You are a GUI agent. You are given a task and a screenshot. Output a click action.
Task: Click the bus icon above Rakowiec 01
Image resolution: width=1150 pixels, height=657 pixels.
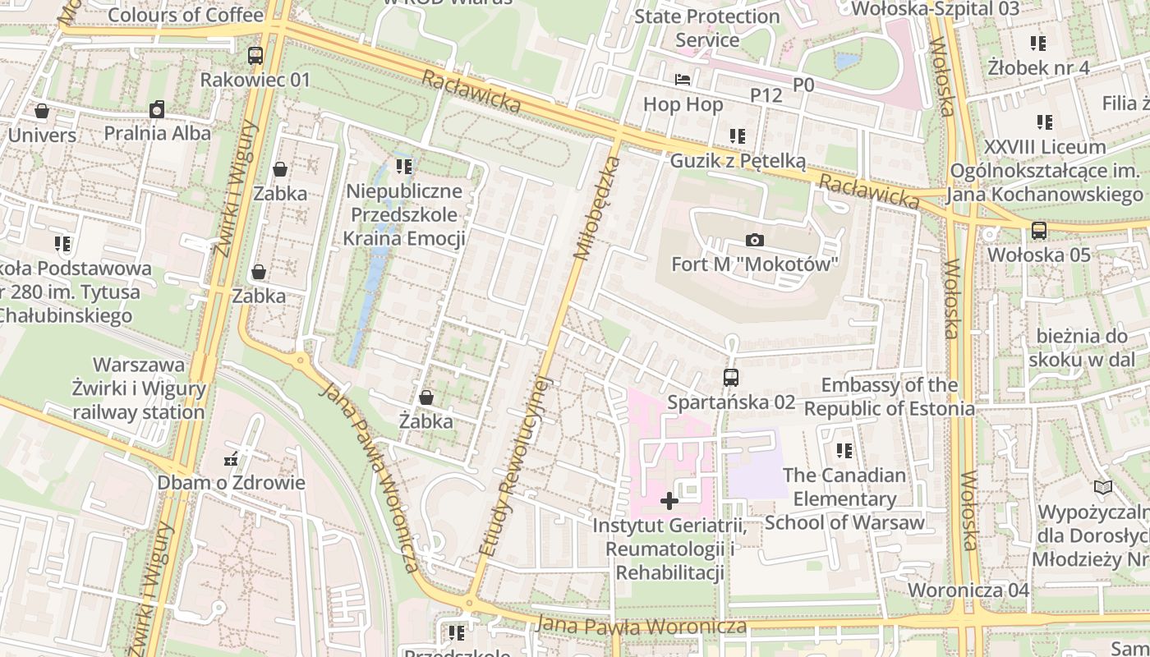pyautogui.click(x=255, y=56)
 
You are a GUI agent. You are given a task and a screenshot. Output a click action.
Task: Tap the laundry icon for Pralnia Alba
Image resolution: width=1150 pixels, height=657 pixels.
pyautogui.click(x=157, y=108)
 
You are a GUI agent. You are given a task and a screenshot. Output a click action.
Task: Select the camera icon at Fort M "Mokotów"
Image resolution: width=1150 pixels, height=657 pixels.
pyautogui.click(x=754, y=240)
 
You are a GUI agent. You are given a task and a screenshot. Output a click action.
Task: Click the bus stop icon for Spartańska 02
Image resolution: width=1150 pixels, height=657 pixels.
pyautogui.click(x=730, y=377)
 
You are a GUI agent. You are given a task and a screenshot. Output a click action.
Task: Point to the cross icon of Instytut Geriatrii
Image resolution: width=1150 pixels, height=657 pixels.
pyautogui.click(x=669, y=500)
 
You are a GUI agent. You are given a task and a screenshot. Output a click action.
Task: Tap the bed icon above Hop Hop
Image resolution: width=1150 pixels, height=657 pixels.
pyautogui.click(x=683, y=80)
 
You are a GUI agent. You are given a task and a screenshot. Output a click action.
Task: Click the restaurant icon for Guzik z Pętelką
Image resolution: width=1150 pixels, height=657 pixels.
pyautogui.click(x=737, y=136)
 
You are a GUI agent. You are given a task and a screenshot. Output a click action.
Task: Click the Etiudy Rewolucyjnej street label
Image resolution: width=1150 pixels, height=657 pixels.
pyautogui.click(x=513, y=466)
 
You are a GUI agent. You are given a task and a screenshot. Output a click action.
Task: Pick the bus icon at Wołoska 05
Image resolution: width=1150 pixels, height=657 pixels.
pyautogui.click(x=1039, y=230)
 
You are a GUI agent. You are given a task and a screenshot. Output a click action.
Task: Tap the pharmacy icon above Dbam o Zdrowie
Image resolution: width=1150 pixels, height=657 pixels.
pyautogui.click(x=231, y=458)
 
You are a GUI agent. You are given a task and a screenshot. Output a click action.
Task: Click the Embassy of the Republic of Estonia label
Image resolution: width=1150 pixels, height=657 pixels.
pyautogui.click(x=890, y=397)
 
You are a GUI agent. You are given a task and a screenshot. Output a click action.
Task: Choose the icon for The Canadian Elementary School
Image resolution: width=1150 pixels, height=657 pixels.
pyautogui.click(x=844, y=450)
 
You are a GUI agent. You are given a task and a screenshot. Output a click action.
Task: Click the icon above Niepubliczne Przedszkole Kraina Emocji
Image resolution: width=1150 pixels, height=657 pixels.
pyautogui.click(x=403, y=167)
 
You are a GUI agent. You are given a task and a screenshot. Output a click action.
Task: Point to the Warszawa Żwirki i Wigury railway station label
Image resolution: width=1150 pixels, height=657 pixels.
pyautogui.click(x=139, y=388)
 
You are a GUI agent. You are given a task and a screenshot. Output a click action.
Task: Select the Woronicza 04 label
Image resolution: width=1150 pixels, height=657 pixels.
pyautogui.click(x=968, y=590)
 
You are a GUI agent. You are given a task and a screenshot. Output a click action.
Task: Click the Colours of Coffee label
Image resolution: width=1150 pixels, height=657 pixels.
pyautogui.click(x=186, y=14)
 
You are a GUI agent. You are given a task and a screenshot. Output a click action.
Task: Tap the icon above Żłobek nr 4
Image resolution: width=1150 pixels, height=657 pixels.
pyautogui.click(x=1038, y=43)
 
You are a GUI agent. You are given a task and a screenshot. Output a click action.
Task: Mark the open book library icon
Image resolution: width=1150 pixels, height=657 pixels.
pyautogui.click(x=1103, y=488)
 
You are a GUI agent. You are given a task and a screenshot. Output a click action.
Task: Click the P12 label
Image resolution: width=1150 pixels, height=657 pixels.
pyautogui.click(x=766, y=95)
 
